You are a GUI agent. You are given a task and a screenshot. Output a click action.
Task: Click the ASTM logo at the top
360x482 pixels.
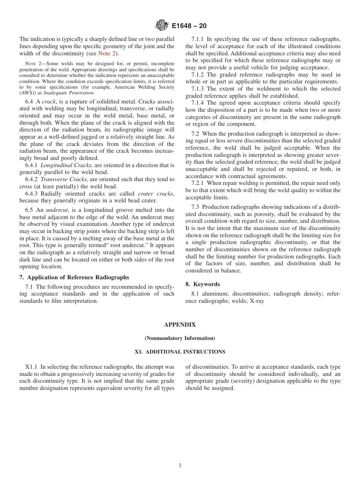pyautogui.click(x=162, y=26)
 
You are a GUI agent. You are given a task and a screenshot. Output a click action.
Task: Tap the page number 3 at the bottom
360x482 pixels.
pyautogui.click(x=180, y=466)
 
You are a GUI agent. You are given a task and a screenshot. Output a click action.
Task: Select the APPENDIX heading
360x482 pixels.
pyautogui.click(x=180, y=325)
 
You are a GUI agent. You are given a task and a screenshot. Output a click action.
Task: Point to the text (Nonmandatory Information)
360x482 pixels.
pyautogui.click(x=180, y=338)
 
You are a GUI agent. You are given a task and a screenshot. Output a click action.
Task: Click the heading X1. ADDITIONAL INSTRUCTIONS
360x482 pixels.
pyautogui.click(x=180, y=352)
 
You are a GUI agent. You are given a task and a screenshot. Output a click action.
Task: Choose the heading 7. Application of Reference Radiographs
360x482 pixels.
pyautogui.click(x=74, y=277)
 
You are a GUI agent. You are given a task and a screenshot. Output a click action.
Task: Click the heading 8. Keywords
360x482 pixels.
pyautogui.click(x=202, y=284)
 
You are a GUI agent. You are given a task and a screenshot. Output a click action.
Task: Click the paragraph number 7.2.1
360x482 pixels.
pyautogui.click(x=198, y=183)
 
